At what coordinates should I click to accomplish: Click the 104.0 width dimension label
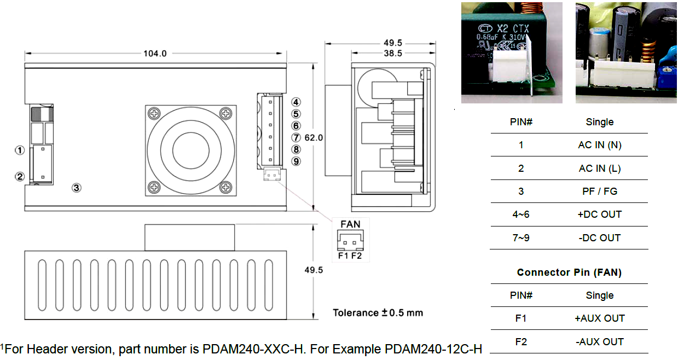[x=155, y=54]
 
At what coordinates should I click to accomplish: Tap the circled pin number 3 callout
[x=77, y=188]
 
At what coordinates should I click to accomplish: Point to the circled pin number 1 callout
[x=20, y=150]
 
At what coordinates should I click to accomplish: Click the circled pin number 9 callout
[x=296, y=161]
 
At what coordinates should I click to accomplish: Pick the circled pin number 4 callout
[x=296, y=102]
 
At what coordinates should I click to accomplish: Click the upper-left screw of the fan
[x=155, y=114]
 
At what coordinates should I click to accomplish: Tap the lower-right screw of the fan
[x=226, y=187]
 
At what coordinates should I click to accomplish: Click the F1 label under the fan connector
[x=343, y=256]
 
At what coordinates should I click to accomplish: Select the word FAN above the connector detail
[x=350, y=224]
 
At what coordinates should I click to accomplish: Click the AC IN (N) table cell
[x=599, y=145]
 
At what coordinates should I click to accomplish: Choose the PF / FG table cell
[x=599, y=191]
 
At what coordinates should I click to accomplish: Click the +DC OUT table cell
[x=599, y=214]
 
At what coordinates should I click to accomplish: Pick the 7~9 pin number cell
[x=520, y=238]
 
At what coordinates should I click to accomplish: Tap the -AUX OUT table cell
[x=599, y=342]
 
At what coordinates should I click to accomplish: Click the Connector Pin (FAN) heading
[x=569, y=272]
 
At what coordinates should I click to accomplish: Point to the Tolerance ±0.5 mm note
[x=378, y=313]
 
